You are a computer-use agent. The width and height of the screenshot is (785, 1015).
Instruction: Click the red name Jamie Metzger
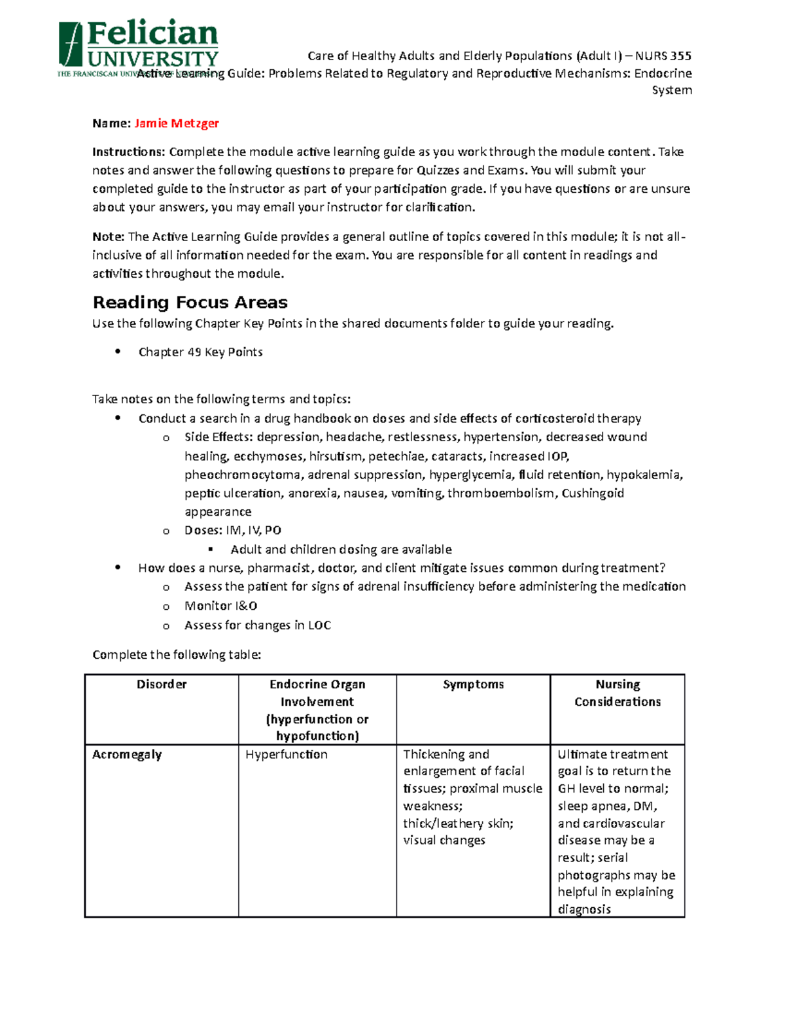[x=176, y=123]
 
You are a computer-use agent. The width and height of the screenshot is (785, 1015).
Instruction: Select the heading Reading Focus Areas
[x=190, y=302]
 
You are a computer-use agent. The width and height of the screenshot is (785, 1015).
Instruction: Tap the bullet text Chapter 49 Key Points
[x=200, y=352]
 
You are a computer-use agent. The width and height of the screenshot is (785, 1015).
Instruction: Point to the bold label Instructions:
[x=129, y=152]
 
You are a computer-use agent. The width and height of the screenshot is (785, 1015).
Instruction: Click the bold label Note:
[x=108, y=237]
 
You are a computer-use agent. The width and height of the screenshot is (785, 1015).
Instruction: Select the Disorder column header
[x=162, y=684]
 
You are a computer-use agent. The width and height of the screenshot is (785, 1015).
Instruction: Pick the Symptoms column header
[x=473, y=684]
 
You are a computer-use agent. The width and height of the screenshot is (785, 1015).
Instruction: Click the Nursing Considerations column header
[x=618, y=693]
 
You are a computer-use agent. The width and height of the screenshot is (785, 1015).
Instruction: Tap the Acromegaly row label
[x=127, y=754]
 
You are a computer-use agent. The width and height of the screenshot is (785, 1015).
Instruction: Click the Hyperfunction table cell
[x=287, y=754]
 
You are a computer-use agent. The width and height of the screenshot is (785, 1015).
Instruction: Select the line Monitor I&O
[x=220, y=606]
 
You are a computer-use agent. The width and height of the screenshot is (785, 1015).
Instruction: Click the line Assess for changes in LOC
[x=257, y=625]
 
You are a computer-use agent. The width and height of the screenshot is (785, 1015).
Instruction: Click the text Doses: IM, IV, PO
[x=233, y=530]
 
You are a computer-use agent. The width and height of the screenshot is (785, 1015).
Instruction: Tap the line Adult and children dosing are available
[x=341, y=550]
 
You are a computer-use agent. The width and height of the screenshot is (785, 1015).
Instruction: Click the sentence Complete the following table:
[x=177, y=655]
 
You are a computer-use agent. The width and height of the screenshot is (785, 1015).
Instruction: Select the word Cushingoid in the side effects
[x=593, y=493]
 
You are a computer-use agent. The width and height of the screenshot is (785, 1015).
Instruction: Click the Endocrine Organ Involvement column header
[x=317, y=710]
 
